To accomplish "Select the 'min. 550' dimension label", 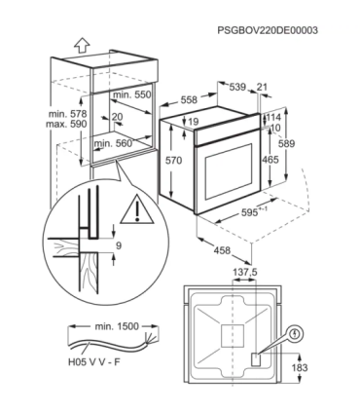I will [x=132, y=94].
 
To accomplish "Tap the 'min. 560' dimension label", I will [x=114, y=143].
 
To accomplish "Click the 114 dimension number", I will [x=273, y=117].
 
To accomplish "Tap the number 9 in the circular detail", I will [x=118, y=245].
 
